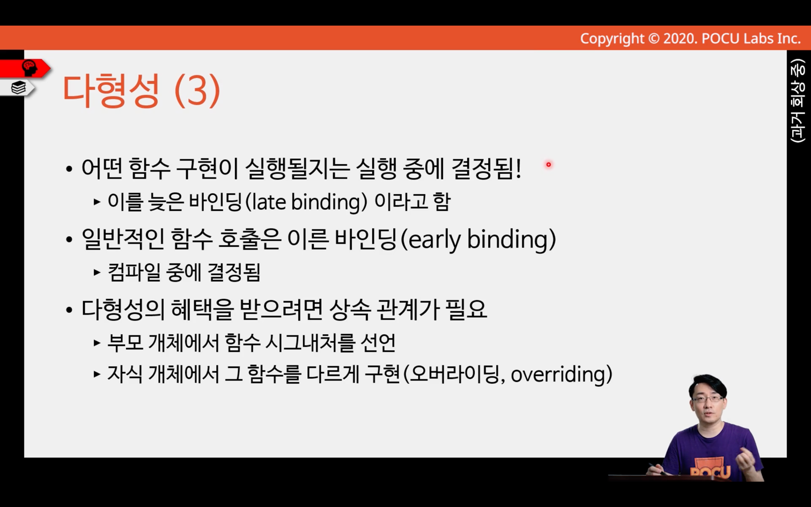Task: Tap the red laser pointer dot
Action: coord(549,165)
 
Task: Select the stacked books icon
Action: coord(18,87)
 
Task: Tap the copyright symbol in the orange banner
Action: coord(654,39)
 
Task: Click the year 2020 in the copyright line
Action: coord(680,39)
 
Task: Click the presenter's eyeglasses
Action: coord(707,399)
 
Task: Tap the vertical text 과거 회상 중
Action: coord(798,101)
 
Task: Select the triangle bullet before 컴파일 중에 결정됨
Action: coord(97,273)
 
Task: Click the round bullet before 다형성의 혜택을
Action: coord(69,310)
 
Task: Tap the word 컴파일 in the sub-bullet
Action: coord(134,273)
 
